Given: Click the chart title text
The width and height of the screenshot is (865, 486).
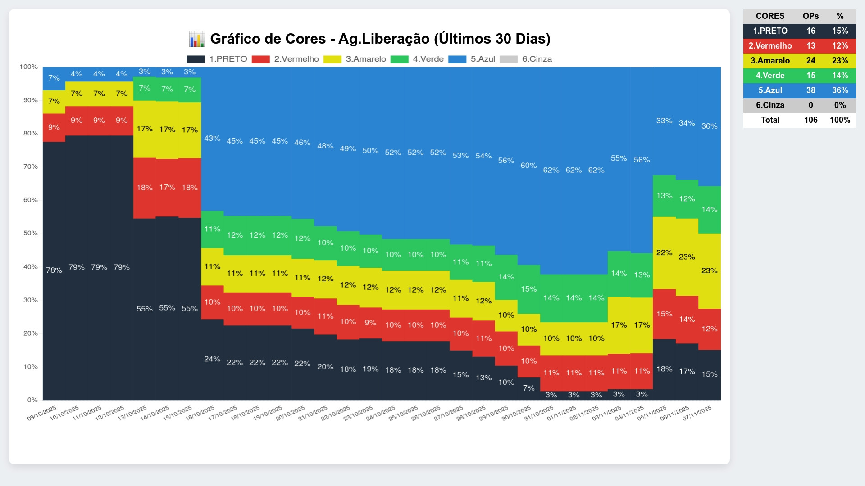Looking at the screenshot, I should [380, 39].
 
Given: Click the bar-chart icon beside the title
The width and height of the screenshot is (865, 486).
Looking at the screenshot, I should [197, 39].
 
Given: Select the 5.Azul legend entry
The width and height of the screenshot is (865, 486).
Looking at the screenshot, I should [472, 59].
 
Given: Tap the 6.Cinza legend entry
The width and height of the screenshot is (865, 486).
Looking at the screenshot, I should [526, 59].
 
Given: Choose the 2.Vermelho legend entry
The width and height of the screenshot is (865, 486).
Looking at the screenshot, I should [285, 59].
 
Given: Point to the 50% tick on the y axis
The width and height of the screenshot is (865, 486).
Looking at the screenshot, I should [31, 233].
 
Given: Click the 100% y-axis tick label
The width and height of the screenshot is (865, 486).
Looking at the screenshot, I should [29, 67].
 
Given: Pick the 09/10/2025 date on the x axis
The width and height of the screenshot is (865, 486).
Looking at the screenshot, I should [42, 413].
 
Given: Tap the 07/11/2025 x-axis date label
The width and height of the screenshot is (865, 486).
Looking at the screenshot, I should [697, 413].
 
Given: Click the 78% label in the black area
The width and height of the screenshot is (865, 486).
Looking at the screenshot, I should [54, 270].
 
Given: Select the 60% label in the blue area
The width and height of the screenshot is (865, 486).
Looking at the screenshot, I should [528, 166].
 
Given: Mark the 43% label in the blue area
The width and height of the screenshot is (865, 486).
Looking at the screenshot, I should [212, 138].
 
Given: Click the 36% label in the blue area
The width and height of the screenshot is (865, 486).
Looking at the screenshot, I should [709, 126].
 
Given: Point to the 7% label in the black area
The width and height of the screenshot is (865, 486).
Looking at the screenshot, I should [528, 388].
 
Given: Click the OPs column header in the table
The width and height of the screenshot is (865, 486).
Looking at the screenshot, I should [810, 16].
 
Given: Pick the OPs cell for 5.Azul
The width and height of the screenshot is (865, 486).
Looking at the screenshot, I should [810, 90].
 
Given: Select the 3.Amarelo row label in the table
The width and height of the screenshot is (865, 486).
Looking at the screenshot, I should [770, 61].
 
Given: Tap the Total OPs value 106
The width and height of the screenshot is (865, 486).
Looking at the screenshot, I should [810, 120].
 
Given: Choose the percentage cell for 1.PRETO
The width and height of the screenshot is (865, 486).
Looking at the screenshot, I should [840, 31].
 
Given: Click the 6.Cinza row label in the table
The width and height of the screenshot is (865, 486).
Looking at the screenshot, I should [770, 105].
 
